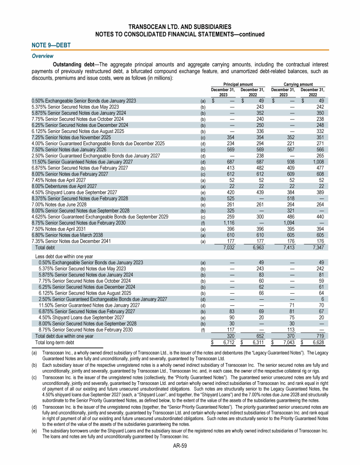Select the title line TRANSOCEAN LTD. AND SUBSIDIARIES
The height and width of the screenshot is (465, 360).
[180, 27]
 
